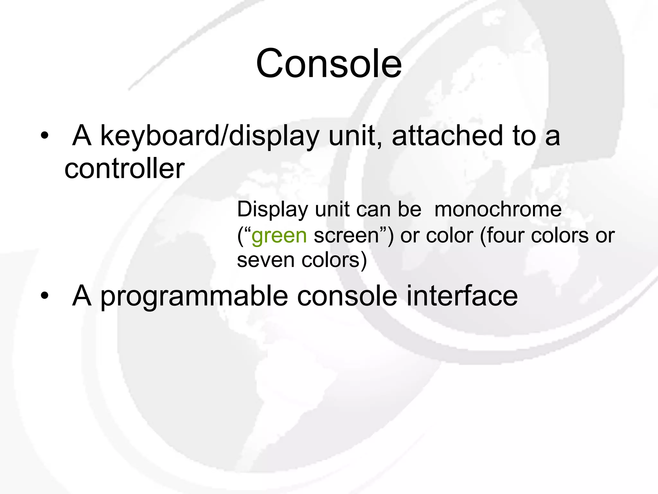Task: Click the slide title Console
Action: pyautogui.click(x=329, y=63)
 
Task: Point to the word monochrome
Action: pyautogui.click(x=498, y=210)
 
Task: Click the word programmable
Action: pyautogui.click(x=194, y=296)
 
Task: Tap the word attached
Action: pyautogui.click(x=447, y=136)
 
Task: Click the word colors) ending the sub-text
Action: pyautogui.click(x=334, y=260)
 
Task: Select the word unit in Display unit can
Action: pyautogui.click(x=332, y=210)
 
